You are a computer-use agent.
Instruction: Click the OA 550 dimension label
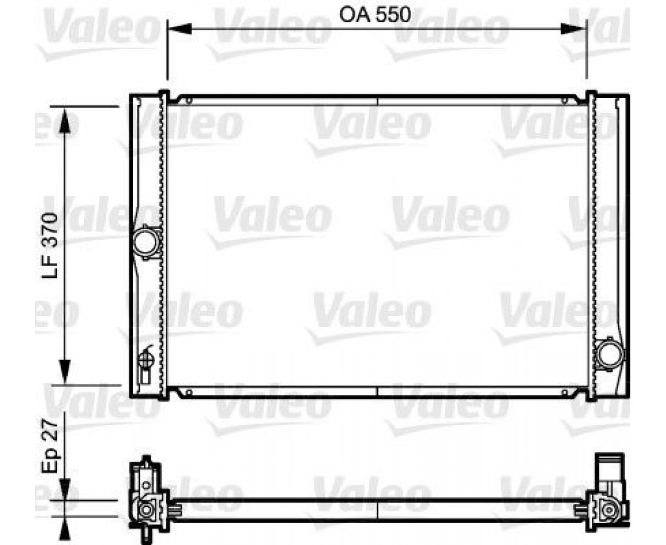tap(375, 15)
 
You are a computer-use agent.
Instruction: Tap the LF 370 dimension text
tap(49, 245)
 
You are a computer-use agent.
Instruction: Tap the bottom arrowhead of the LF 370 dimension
tap(65, 372)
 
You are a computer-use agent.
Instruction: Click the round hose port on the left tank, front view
tap(146, 242)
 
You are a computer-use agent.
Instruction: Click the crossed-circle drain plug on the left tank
tap(146, 360)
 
